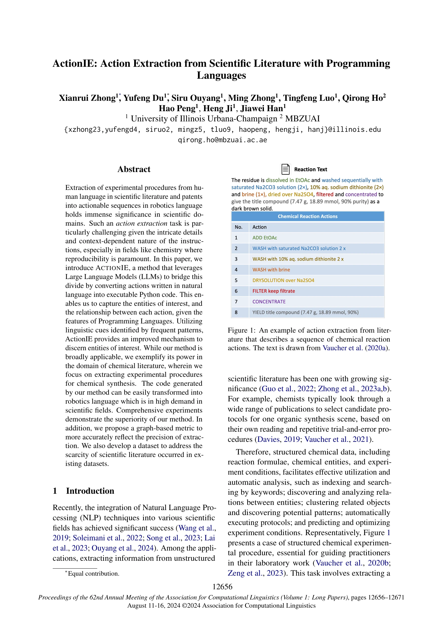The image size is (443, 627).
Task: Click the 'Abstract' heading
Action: pos(134,169)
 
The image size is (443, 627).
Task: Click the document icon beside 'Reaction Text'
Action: pos(285,169)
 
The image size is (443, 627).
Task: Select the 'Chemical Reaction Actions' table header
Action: pos(308,216)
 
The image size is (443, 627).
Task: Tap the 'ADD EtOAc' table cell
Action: pos(264,238)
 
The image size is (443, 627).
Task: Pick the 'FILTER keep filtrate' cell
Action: pos(274,291)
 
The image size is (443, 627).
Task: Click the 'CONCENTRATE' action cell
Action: pos(269,302)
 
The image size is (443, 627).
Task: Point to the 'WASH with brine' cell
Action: pos(271,270)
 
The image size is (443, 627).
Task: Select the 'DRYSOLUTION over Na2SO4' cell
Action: pos(283,280)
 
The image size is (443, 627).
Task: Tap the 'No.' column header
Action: pos(239,227)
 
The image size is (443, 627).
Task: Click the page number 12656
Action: pos(222,587)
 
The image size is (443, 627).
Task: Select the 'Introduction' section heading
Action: pos(90,491)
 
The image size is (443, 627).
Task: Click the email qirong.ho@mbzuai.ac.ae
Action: pos(222,140)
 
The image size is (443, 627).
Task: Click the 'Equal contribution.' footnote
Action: pos(93,573)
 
